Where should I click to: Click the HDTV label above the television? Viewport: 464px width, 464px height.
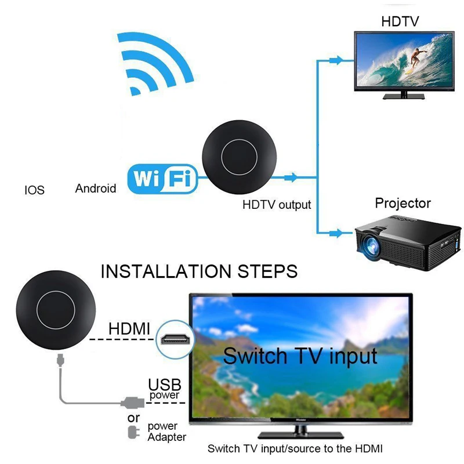[x=400, y=22]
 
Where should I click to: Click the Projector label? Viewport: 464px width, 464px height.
[x=403, y=203]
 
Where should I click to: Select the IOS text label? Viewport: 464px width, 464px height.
[x=34, y=190]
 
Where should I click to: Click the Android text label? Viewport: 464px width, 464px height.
[x=96, y=188]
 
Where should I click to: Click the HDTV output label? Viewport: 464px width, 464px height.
[x=277, y=205]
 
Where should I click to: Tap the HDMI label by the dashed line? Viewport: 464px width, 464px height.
[x=129, y=329]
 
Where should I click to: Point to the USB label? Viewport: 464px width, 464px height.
[x=165, y=385]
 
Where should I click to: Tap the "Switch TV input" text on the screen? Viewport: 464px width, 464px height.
[x=300, y=355]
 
